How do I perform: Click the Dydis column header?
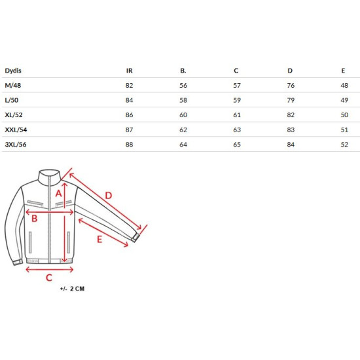point(13,71)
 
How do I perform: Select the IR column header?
point(129,71)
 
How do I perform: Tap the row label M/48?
point(13,85)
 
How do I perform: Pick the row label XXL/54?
point(16,130)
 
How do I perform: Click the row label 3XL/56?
point(16,145)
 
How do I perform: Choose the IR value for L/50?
point(129,100)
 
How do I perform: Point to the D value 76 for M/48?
point(291,85)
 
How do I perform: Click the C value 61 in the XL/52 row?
point(237,115)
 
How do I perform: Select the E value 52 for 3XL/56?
point(344,145)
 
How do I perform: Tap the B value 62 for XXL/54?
point(183,130)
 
